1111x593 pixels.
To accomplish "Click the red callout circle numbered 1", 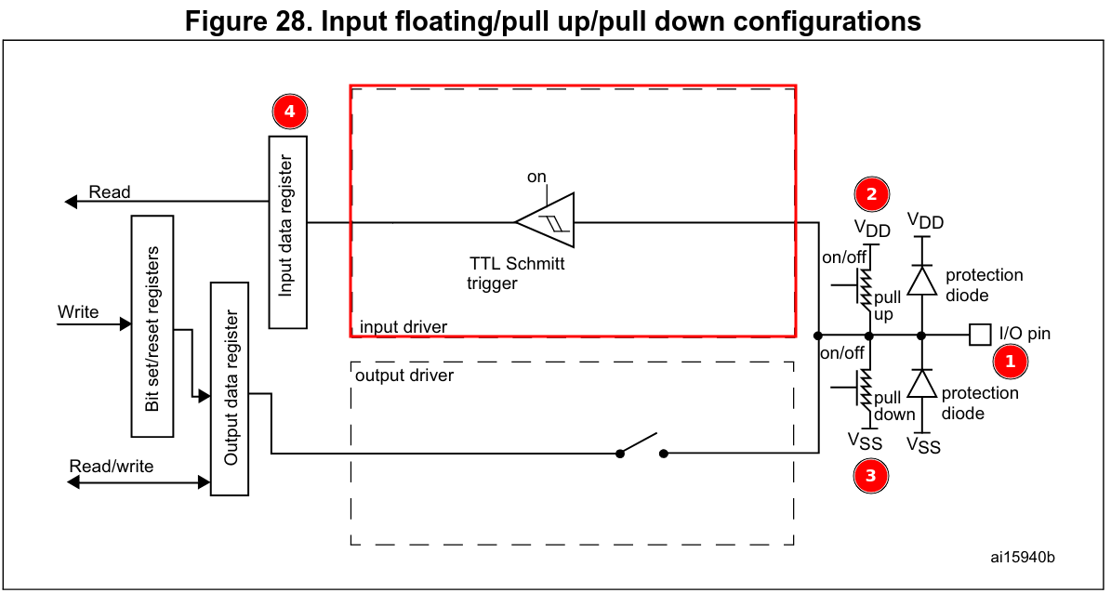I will coord(1012,362).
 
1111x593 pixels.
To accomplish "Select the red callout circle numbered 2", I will coord(871,193).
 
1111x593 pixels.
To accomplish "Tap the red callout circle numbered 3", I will coord(871,475).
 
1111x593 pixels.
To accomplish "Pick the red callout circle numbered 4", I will coord(289,111).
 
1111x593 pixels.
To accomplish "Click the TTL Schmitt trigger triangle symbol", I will coord(548,222).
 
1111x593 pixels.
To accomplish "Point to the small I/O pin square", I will coord(979,334).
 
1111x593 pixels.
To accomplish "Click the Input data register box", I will coord(288,232).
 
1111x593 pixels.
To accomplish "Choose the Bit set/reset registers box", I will coord(152,326).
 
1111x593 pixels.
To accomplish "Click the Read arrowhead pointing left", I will coord(72,202).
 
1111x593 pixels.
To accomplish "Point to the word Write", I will coord(78,311).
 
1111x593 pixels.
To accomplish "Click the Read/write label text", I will coord(112,465).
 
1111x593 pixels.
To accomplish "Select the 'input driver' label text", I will coord(404,326).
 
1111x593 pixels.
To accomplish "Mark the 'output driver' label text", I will coord(404,376).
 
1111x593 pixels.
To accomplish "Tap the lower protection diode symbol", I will coord(920,383).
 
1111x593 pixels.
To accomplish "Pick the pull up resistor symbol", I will coord(866,288).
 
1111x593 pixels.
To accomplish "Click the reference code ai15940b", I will coord(1023,557).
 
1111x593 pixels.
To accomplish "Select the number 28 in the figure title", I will coord(288,21).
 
